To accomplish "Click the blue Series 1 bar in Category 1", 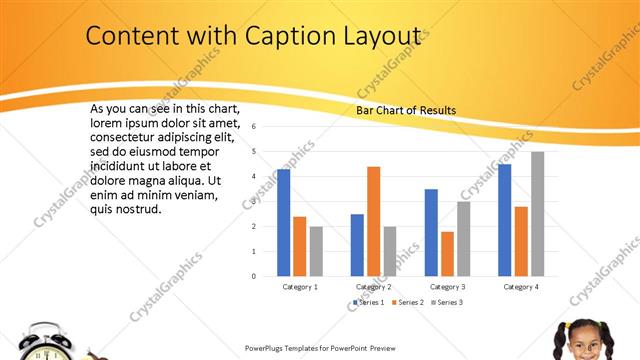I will point(284,223).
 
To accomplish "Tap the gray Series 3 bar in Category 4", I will point(537,214).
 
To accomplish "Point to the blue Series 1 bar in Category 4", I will point(505,220).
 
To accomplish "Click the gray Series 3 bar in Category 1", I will point(316,251).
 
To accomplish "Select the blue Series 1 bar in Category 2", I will point(357,245).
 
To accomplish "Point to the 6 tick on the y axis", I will point(255,127).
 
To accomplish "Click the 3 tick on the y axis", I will point(255,201).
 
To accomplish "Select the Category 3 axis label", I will point(446,287).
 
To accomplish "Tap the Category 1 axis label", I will point(300,287).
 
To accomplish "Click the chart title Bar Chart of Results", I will point(406,110).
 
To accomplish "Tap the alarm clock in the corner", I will point(46,343).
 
